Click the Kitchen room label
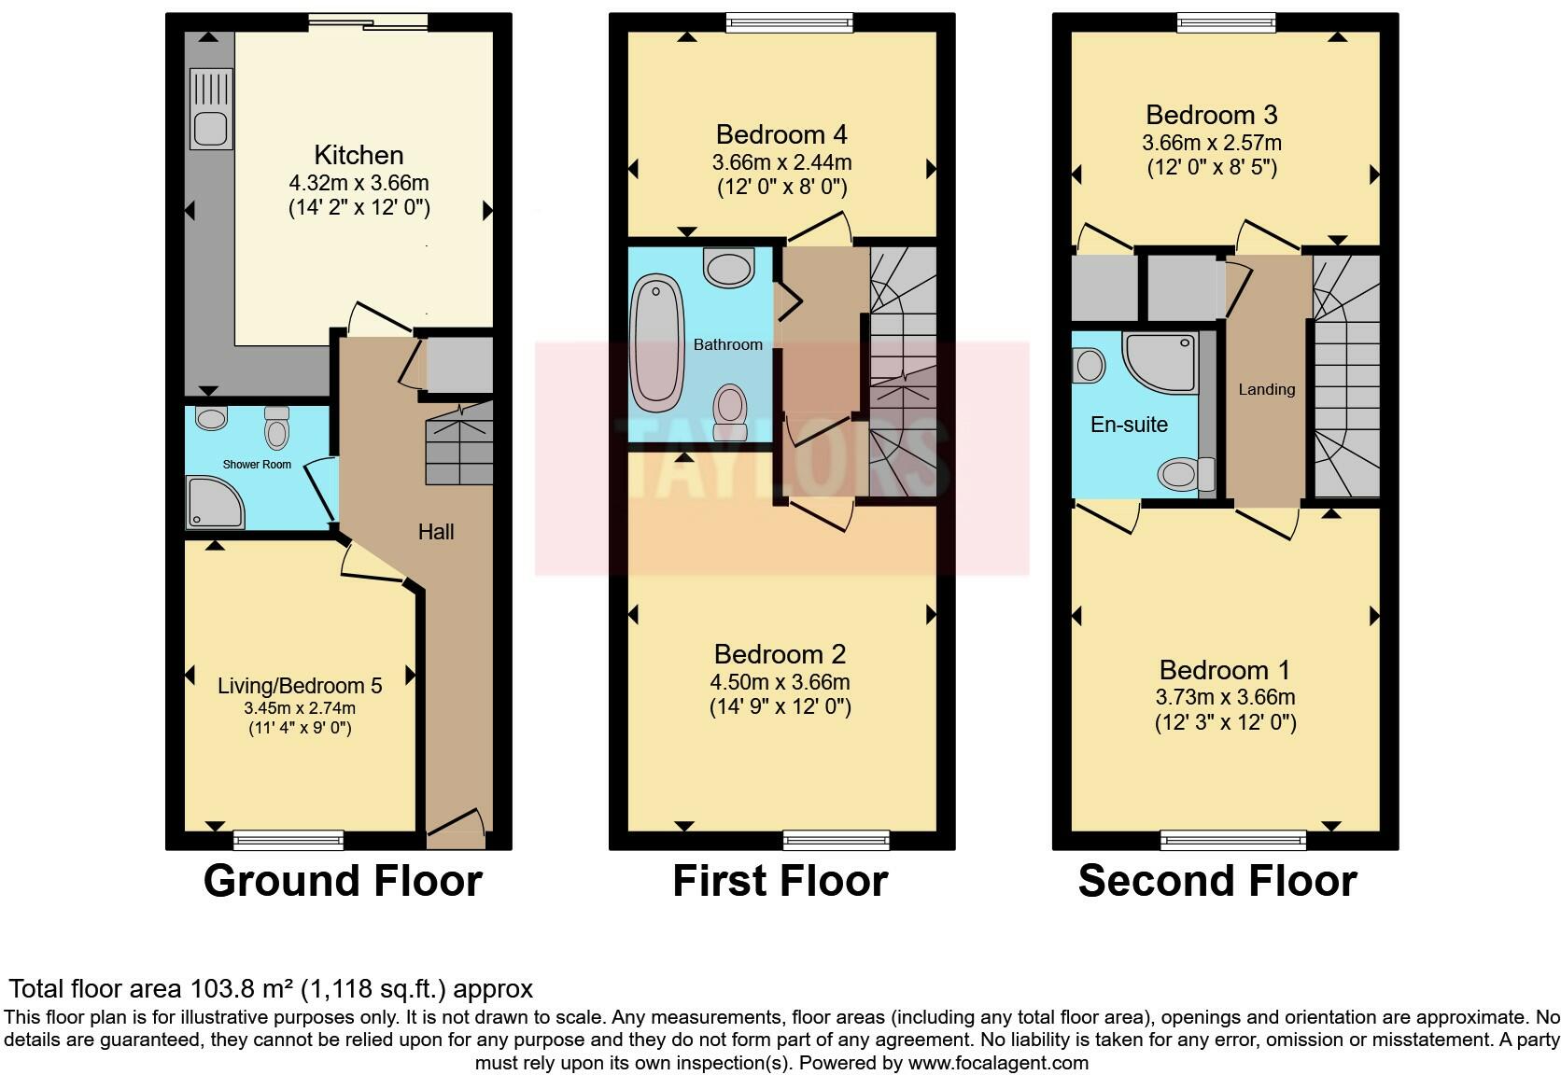tap(359, 155)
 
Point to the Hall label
tap(436, 532)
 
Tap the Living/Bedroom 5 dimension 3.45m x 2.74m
tap(300, 708)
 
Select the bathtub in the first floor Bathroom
tap(657, 342)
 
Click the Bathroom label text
tap(727, 344)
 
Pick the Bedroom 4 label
tap(781, 134)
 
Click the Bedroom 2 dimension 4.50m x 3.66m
tap(780, 682)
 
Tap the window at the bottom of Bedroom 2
tap(837, 840)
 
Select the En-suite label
tap(1129, 425)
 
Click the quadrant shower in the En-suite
tap(1158, 363)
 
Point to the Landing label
tap(1266, 389)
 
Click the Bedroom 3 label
tap(1212, 115)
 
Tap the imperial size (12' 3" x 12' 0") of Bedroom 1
tap(1225, 722)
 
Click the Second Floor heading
tap(1217, 881)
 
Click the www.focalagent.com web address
tap(997, 1062)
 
